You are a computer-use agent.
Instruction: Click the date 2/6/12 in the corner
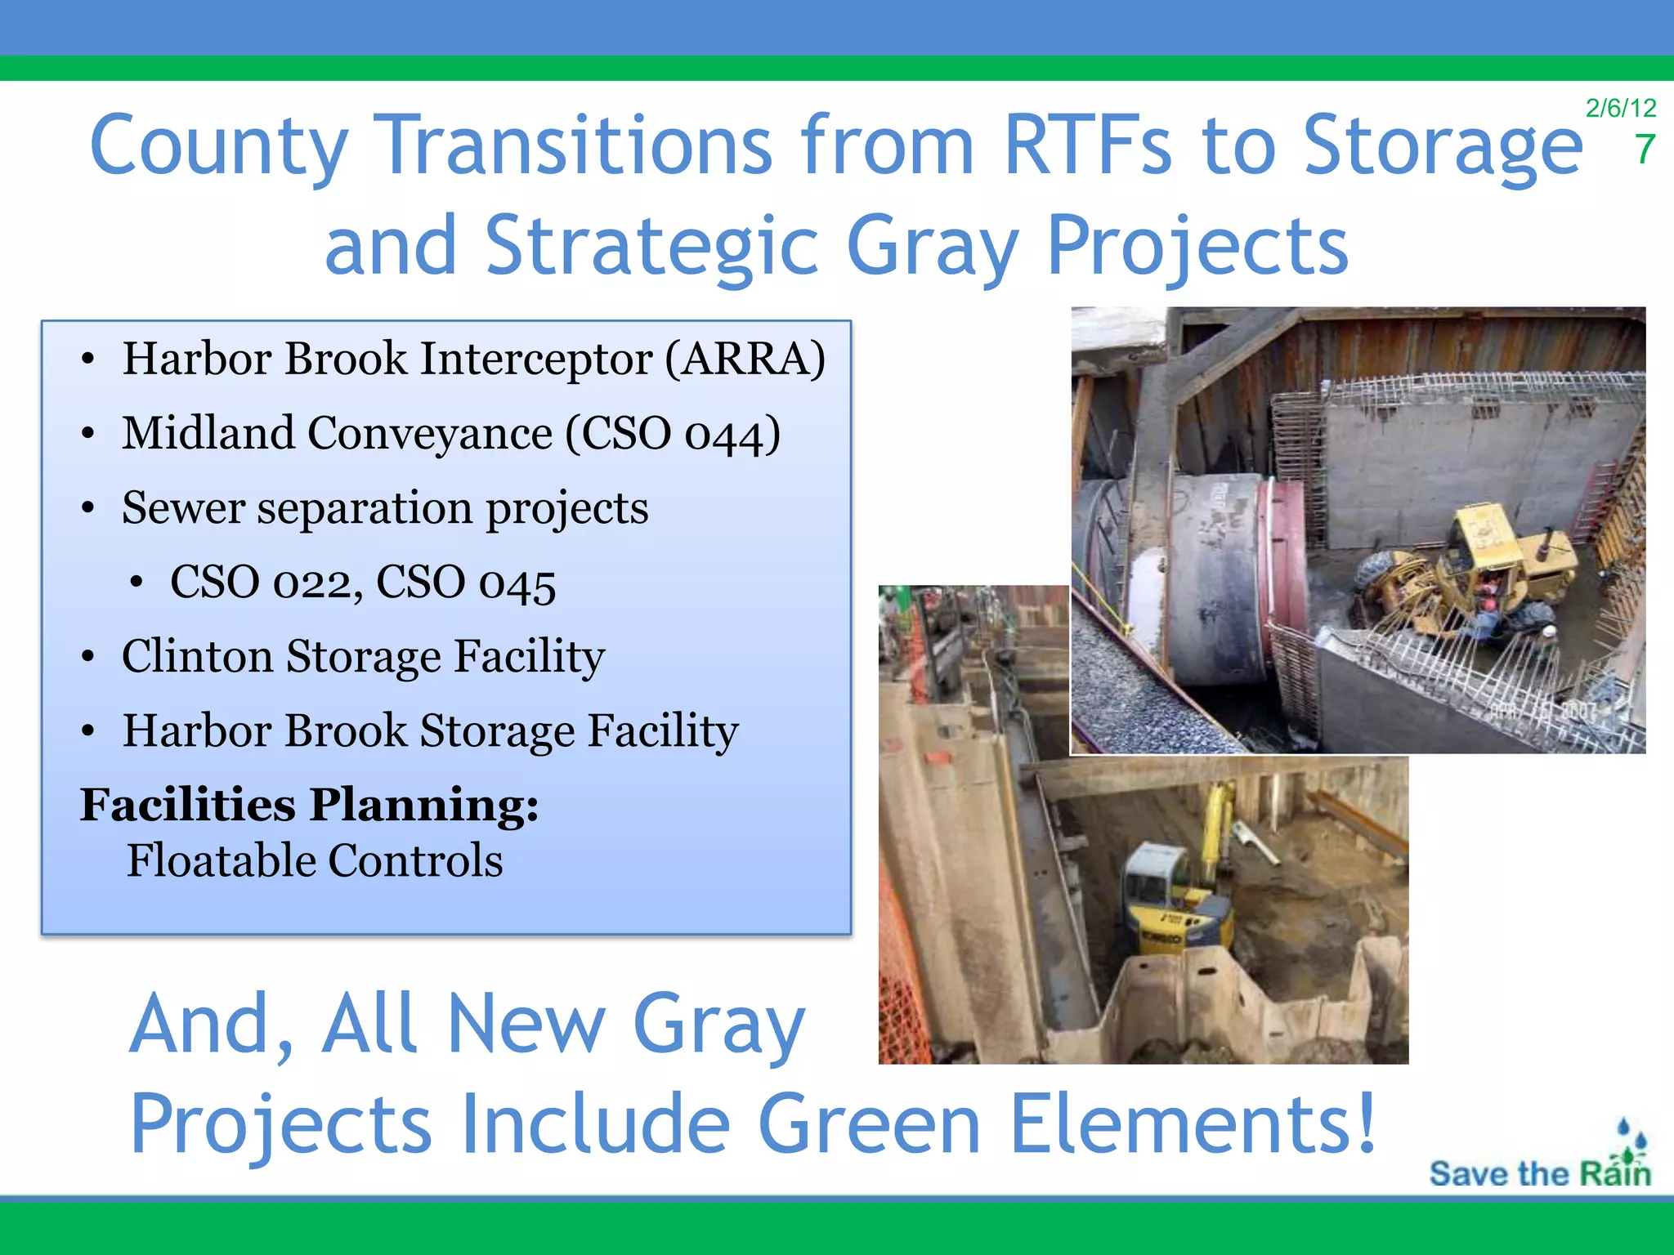point(1620,108)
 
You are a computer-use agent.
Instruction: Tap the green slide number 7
point(1645,150)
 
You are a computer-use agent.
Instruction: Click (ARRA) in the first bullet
point(745,360)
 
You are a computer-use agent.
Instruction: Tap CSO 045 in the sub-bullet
point(466,583)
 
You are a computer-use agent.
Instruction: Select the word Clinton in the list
point(197,657)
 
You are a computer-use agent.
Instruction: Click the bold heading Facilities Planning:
point(309,806)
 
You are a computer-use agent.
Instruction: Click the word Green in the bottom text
point(868,1124)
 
